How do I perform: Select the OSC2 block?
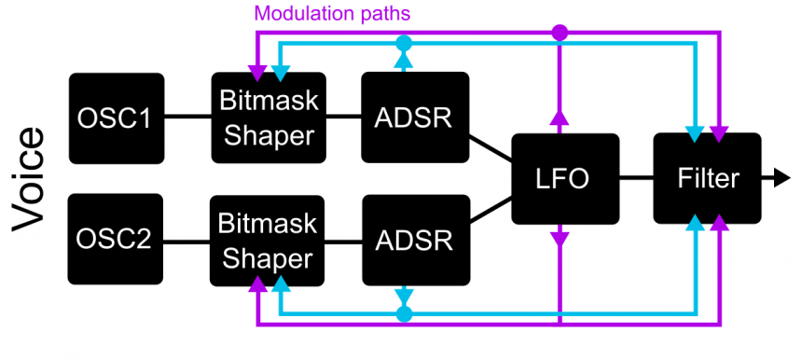point(117,239)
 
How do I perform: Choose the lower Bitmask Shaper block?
point(267,240)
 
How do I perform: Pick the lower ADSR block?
point(414,240)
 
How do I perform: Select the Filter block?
point(707,178)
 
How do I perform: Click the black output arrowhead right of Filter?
point(781,178)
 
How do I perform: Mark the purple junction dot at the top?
point(560,33)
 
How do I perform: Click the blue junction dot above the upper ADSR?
point(403,43)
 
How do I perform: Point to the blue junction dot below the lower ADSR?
point(403,314)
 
